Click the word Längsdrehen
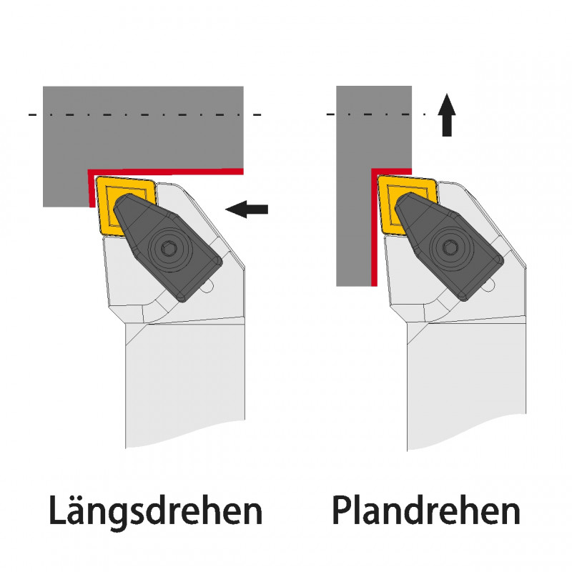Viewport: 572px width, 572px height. tap(155, 511)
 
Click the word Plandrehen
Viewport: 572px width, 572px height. tap(425, 511)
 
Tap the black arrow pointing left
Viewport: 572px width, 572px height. tap(247, 209)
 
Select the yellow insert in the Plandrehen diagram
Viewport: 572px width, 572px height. tap(390, 204)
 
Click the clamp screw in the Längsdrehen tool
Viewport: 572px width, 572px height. tap(168, 248)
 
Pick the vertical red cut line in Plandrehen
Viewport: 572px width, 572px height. tap(374, 229)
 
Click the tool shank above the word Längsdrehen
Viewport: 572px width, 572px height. tap(186, 386)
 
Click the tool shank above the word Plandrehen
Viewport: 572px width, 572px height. tap(465, 386)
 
